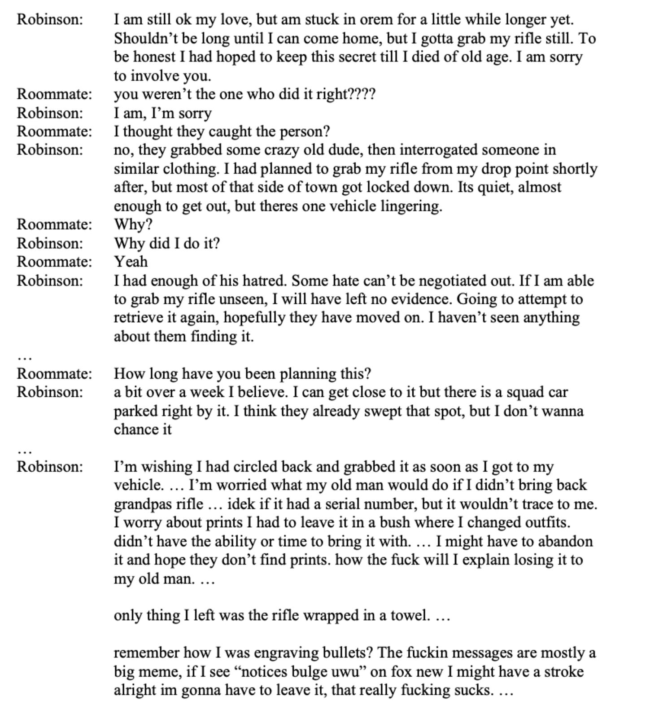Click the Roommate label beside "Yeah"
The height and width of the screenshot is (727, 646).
coord(54,262)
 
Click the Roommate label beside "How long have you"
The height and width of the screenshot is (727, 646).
coord(54,374)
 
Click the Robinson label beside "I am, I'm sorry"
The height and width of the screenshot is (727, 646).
coord(50,113)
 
